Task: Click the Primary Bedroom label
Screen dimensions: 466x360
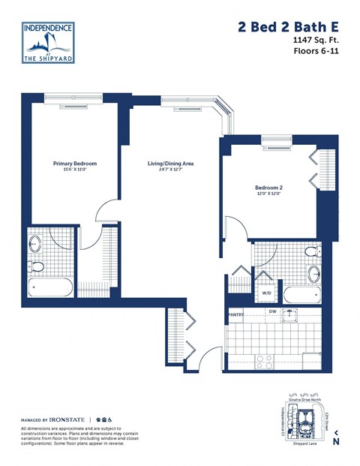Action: (x=74, y=163)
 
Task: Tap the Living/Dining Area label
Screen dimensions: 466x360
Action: (x=170, y=163)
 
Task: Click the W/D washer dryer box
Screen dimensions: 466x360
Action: (x=266, y=293)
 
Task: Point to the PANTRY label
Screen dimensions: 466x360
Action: (x=237, y=315)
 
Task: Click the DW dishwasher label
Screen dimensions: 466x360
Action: (x=274, y=311)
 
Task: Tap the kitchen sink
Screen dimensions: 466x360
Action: (x=289, y=316)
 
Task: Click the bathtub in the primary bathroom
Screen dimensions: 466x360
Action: (x=50, y=287)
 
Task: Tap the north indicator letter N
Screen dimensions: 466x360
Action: (x=335, y=442)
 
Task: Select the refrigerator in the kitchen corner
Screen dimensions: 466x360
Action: (x=312, y=359)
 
